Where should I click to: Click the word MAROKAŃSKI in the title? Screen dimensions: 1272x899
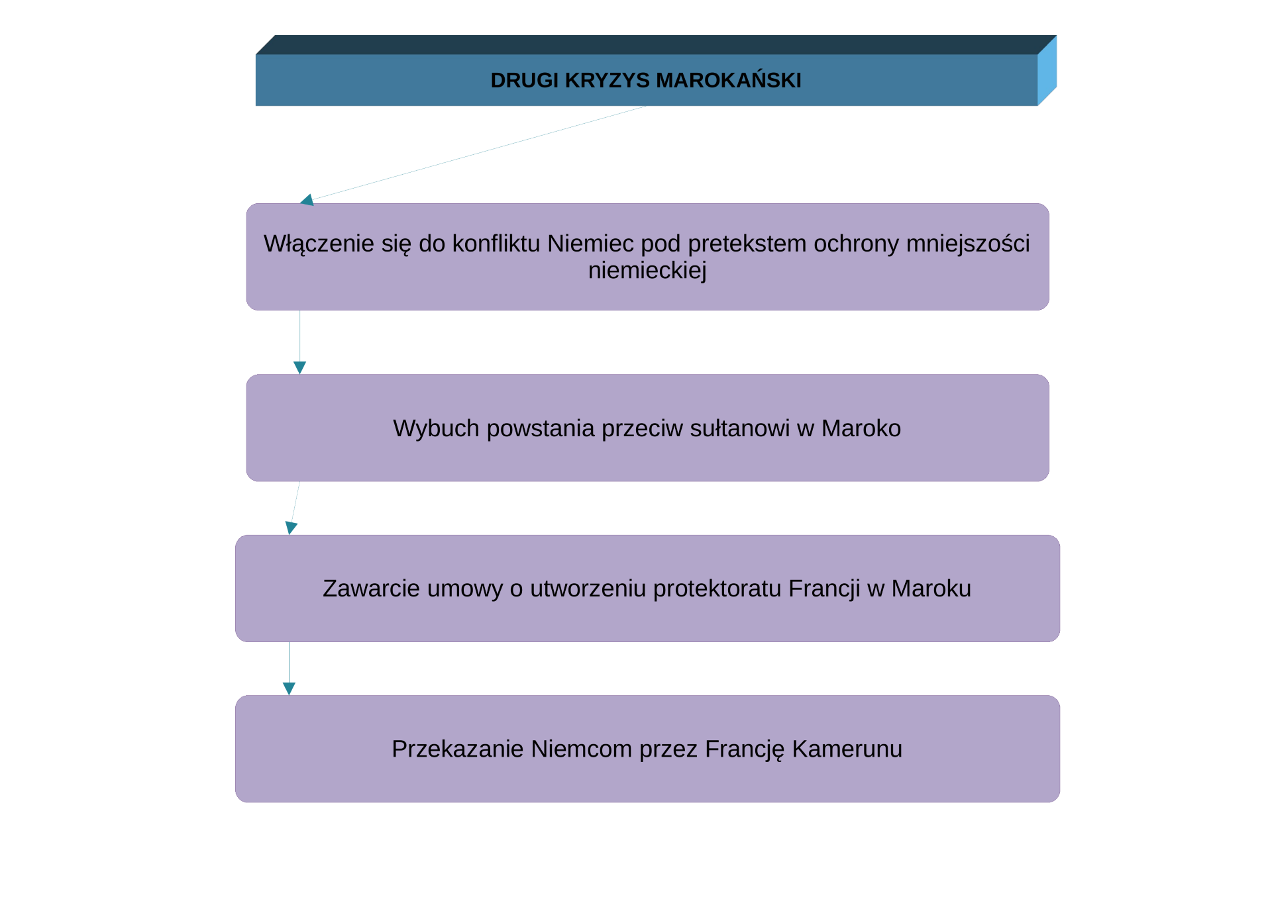pyautogui.click(x=729, y=80)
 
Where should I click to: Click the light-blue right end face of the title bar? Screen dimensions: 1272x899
pyautogui.click(x=1047, y=70)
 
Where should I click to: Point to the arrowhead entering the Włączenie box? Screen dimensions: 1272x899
pyautogui.click(x=307, y=199)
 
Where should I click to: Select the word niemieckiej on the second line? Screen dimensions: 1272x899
pyautogui.click(x=647, y=270)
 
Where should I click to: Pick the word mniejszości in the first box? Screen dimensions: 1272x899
pyautogui.click(x=968, y=244)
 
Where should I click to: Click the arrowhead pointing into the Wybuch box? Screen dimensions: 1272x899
pyautogui.click(x=299, y=367)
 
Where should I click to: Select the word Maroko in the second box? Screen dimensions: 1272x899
pyautogui.click(x=861, y=428)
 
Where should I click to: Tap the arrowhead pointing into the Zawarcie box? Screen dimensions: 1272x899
pyautogui.click(x=291, y=528)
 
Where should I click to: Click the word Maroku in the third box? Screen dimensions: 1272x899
pyautogui.click(x=931, y=589)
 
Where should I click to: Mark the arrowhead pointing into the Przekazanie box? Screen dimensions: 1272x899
pyautogui.click(x=289, y=688)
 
